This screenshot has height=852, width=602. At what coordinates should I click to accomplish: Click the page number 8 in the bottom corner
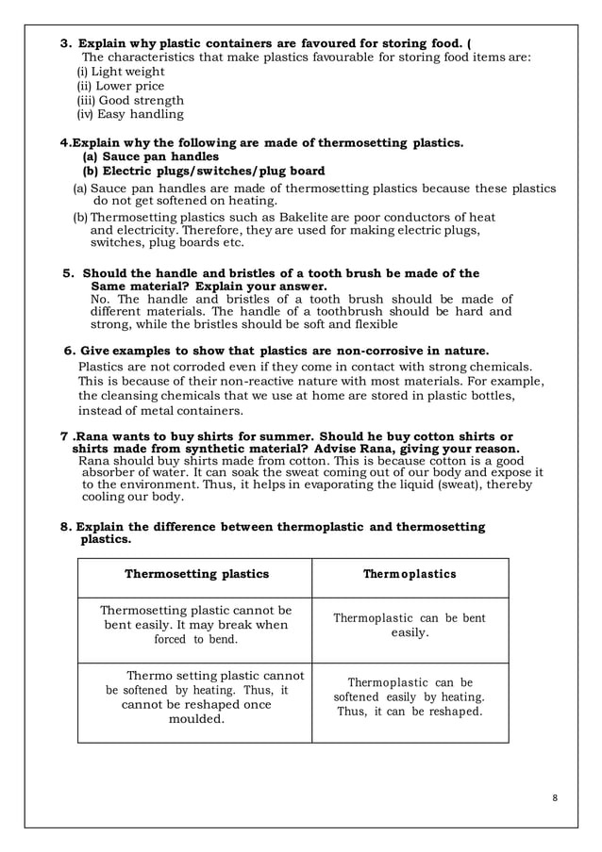pos(555,798)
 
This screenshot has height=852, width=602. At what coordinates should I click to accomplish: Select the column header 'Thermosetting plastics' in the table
pos(196,574)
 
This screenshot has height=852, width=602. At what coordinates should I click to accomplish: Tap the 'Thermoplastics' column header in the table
pos(410,574)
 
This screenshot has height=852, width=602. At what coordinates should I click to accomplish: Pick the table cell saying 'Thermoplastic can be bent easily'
pos(410,626)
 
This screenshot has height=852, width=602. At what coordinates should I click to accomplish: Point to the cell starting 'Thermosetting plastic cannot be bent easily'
pos(196,625)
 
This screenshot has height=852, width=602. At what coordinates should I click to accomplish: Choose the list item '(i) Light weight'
pos(120,72)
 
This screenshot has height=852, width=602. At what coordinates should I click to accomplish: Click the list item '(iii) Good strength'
pos(129,100)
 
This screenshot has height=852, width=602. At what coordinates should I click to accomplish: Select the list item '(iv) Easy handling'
pos(129,114)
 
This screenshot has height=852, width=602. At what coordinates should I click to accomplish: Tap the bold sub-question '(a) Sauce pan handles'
pos(151,156)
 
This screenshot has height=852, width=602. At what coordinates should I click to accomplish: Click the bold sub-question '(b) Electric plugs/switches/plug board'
pos(204,171)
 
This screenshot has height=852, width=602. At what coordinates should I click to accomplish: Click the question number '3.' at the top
pos(66,43)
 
